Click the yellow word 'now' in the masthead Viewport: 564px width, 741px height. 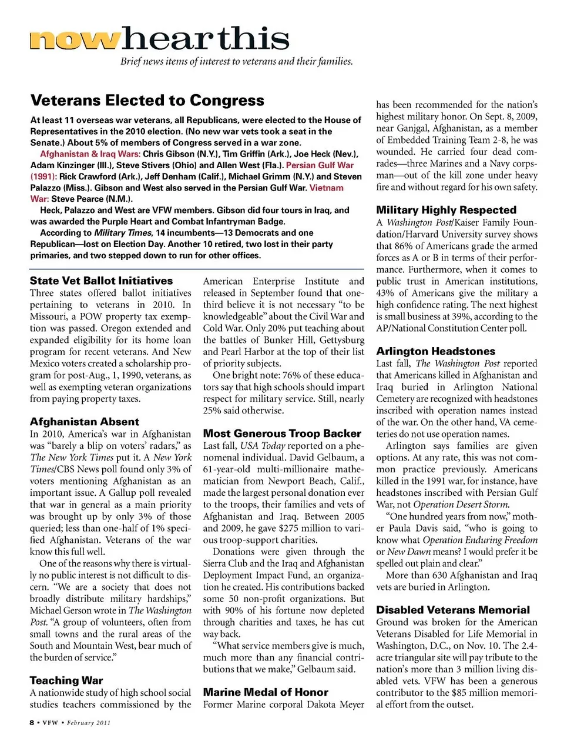(x=75, y=39)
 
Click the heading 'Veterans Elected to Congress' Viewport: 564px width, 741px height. (x=147, y=101)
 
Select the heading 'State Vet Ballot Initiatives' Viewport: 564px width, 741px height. (x=101, y=281)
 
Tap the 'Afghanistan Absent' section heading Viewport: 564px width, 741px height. (x=85, y=422)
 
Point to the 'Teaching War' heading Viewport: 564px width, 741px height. (x=66, y=680)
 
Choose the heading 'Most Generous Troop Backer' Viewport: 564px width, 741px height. (x=282, y=433)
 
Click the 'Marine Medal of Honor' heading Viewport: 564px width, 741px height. (x=266, y=692)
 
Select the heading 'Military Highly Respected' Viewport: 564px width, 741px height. (x=446, y=210)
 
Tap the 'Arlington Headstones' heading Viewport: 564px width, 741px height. (x=436, y=351)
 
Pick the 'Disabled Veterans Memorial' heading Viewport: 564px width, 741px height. (x=453, y=610)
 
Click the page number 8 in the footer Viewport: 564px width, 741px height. (x=32, y=723)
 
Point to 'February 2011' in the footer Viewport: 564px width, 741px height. (x=88, y=723)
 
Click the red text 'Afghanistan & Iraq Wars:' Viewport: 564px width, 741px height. (x=90, y=154)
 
